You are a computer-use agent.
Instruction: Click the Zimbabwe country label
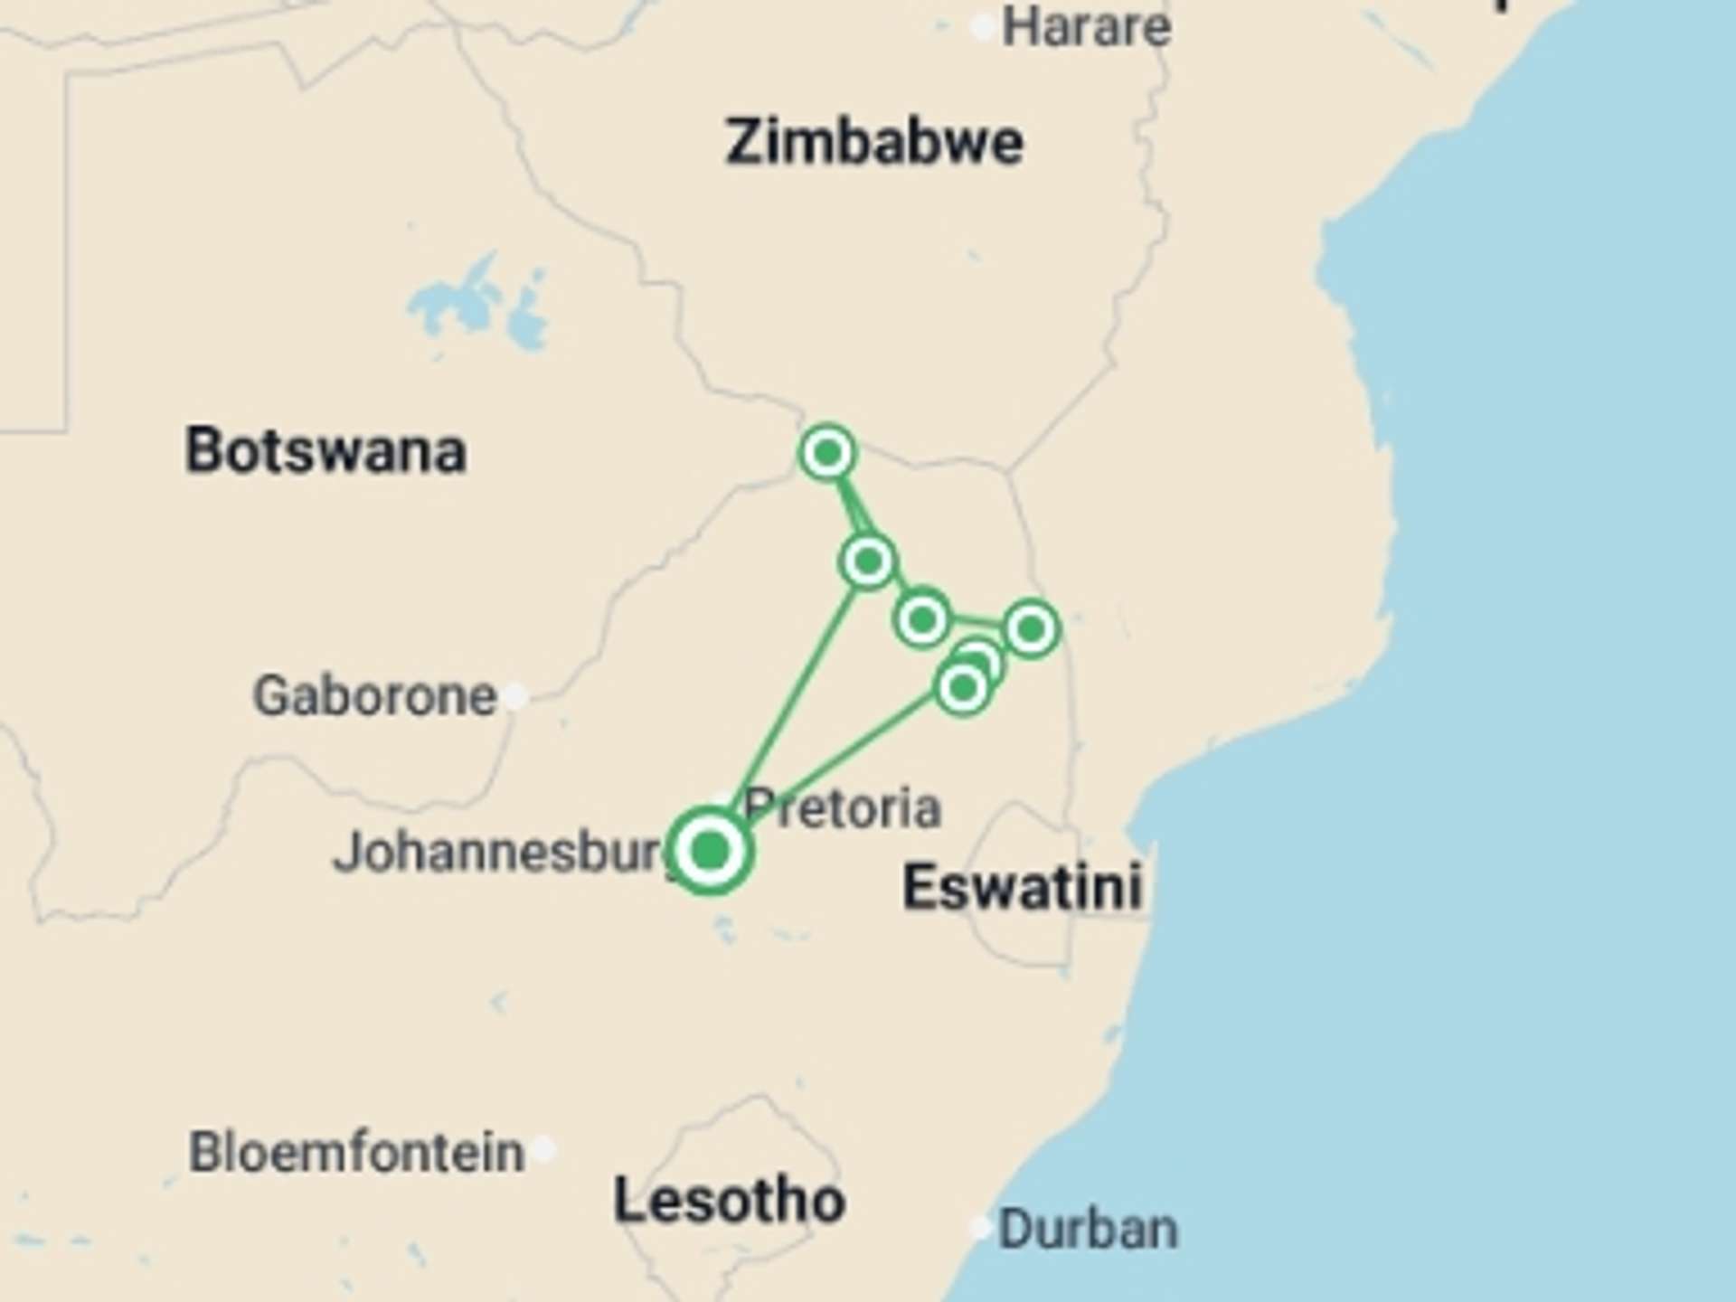tap(873, 143)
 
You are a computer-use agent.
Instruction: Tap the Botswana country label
tap(325, 450)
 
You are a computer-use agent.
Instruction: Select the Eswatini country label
tap(1023, 886)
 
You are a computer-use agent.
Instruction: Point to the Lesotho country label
tap(729, 1201)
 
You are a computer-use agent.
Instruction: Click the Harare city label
tap(1086, 27)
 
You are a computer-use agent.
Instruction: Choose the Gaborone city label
tap(374, 695)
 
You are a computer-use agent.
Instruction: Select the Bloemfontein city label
tap(356, 1152)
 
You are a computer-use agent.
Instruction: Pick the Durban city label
tap(1088, 1229)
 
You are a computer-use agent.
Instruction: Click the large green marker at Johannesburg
tap(711, 851)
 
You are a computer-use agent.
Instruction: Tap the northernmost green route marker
tap(827, 452)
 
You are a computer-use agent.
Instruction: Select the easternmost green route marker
tap(1031, 628)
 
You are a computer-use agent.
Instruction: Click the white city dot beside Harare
tap(983, 28)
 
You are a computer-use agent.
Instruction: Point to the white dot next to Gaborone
tap(515, 695)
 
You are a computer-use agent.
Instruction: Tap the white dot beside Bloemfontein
tap(543, 1150)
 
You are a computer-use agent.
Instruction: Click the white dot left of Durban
tap(981, 1228)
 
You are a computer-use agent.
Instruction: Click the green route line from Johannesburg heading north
tap(796, 696)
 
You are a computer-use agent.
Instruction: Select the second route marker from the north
tap(868, 561)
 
